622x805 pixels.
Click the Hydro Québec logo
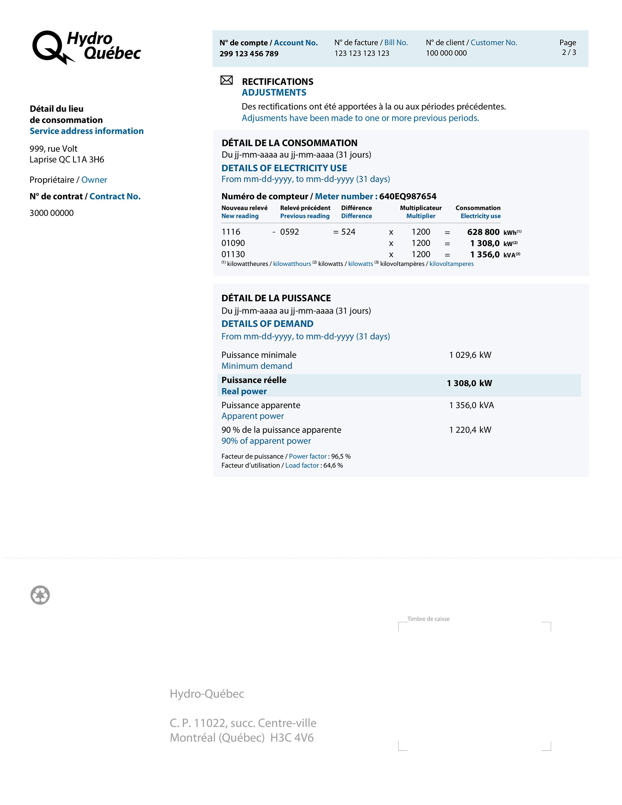[87, 47]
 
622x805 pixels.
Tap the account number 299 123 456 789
[249, 54]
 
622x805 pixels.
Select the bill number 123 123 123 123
[361, 53]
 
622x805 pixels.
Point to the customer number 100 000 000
[446, 53]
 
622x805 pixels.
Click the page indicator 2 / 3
[569, 52]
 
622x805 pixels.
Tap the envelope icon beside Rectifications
[226, 80]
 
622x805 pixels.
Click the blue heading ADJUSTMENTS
[274, 93]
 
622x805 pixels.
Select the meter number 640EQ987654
[408, 196]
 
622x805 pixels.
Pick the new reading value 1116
[231, 232]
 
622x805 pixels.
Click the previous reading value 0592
[289, 232]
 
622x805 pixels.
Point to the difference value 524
[348, 232]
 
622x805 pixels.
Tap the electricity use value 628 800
[483, 232]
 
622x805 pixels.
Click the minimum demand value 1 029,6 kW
[470, 355]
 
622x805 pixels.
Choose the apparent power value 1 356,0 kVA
[471, 405]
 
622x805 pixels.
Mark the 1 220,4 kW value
[470, 430]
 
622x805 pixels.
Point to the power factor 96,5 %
[341, 456]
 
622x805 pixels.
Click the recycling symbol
[40, 595]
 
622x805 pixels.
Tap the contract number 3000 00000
[52, 213]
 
